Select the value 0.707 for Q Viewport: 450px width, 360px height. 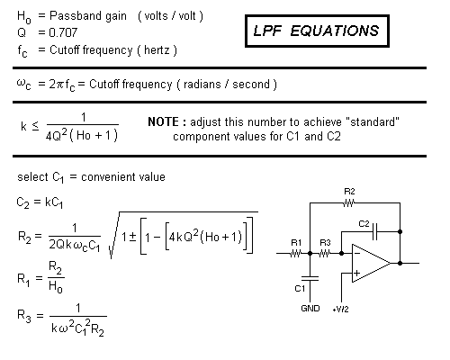63,32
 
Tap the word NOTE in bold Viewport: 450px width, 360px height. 163,121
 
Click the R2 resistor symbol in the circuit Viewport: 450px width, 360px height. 348,203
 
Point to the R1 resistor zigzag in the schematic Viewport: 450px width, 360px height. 295,254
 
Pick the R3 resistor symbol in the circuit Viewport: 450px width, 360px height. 324,254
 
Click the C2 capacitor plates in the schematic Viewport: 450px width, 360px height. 374,231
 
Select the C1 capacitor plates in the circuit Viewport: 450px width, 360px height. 310,278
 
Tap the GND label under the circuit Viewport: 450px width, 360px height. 310,309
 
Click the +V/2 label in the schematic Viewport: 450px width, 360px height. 340,310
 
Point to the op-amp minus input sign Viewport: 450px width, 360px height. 357,254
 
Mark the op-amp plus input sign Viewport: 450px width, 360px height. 356,273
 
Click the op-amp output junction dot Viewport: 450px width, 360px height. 400,264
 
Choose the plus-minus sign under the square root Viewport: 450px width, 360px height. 133,237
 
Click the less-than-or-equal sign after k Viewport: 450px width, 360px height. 35,126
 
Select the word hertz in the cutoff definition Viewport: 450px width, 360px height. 157,49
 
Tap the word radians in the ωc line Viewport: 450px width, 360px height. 202,85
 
